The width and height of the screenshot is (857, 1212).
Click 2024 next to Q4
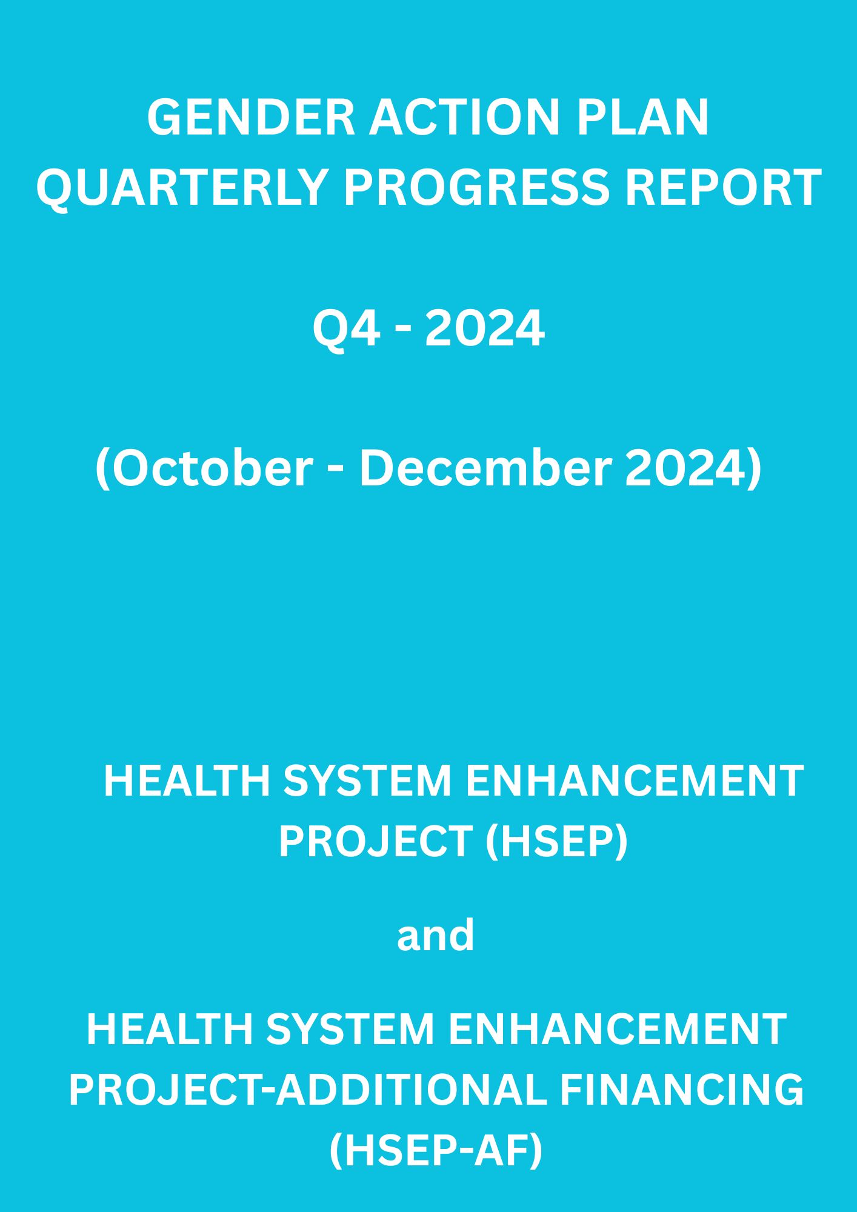[x=484, y=328]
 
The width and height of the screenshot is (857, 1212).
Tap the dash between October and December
[x=336, y=471]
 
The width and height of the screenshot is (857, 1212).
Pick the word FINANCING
[x=681, y=1089]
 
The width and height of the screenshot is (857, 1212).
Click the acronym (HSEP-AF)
[x=436, y=1150]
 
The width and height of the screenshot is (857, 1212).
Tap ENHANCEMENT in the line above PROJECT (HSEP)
[x=635, y=781]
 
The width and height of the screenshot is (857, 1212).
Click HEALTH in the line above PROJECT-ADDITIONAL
[x=169, y=1029]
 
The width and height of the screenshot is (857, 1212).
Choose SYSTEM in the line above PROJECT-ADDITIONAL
[x=350, y=1029]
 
